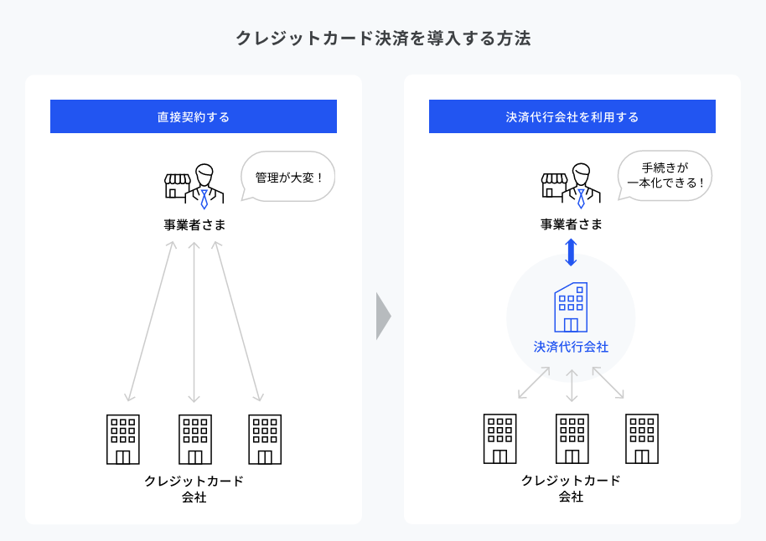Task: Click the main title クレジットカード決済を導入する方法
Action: pos(384,38)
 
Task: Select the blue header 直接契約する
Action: pos(194,116)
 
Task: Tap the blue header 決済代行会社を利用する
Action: pos(572,116)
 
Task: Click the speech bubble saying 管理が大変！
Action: pos(288,177)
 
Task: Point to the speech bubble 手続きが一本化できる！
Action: pos(665,176)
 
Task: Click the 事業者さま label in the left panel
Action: pos(194,224)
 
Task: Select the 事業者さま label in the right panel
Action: pos(571,224)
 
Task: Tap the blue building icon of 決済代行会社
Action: pos(571,307)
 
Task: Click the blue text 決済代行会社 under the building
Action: pos(571,347)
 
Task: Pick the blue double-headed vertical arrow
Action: pos(571,252)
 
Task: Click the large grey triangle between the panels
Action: pos(384,316)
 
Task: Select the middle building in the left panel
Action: pos(195,440)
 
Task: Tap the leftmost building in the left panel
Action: pos(123,440)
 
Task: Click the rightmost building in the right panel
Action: pos(642,439)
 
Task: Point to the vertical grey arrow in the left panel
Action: pos(194,322)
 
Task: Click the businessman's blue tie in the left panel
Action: pos(204,198)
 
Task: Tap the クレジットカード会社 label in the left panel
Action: pos(194,489)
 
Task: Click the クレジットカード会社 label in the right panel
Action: pos(571,488)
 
